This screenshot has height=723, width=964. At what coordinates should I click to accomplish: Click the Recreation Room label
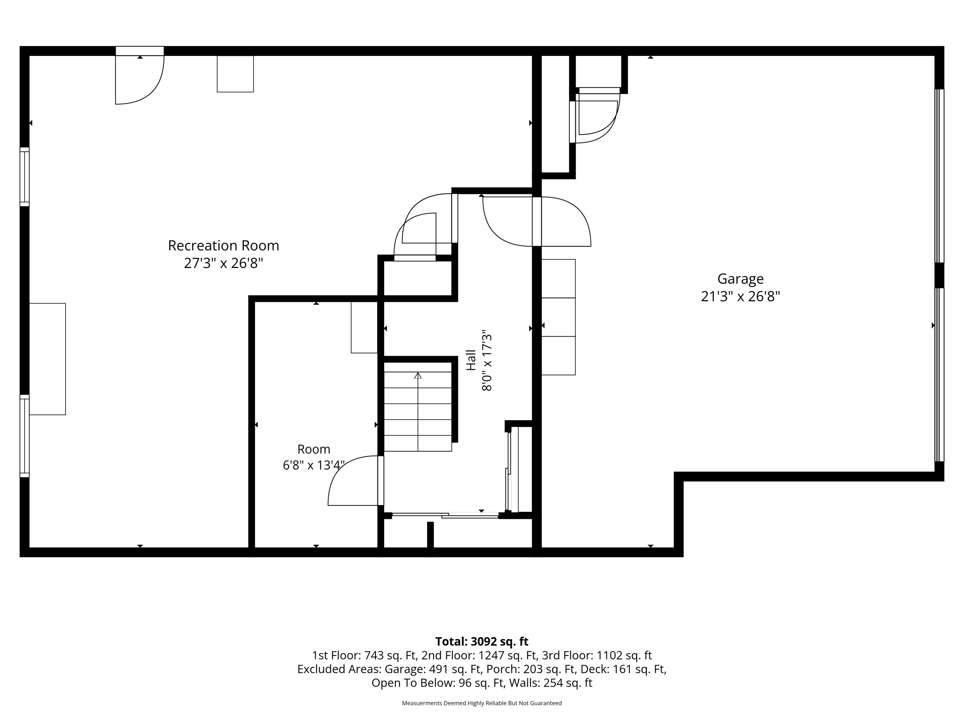[x=224, y=246]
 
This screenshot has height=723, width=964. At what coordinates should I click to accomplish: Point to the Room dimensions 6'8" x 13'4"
[x=314, y=465]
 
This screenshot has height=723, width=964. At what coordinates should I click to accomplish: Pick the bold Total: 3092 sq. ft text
[x=482, y=641]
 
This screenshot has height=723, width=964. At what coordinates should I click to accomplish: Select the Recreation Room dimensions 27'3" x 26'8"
[x=224, y=263]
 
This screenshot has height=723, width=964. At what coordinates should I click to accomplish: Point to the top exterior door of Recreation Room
[x=139, y=75]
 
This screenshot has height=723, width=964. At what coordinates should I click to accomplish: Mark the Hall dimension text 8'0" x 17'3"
[x=487, y=361]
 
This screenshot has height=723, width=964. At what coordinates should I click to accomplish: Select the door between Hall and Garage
[x=537, y=221]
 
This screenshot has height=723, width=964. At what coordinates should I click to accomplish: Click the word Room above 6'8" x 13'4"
[x=314, y=449]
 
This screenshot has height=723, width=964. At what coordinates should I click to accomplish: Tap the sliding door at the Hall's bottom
[x=445, y=515]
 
